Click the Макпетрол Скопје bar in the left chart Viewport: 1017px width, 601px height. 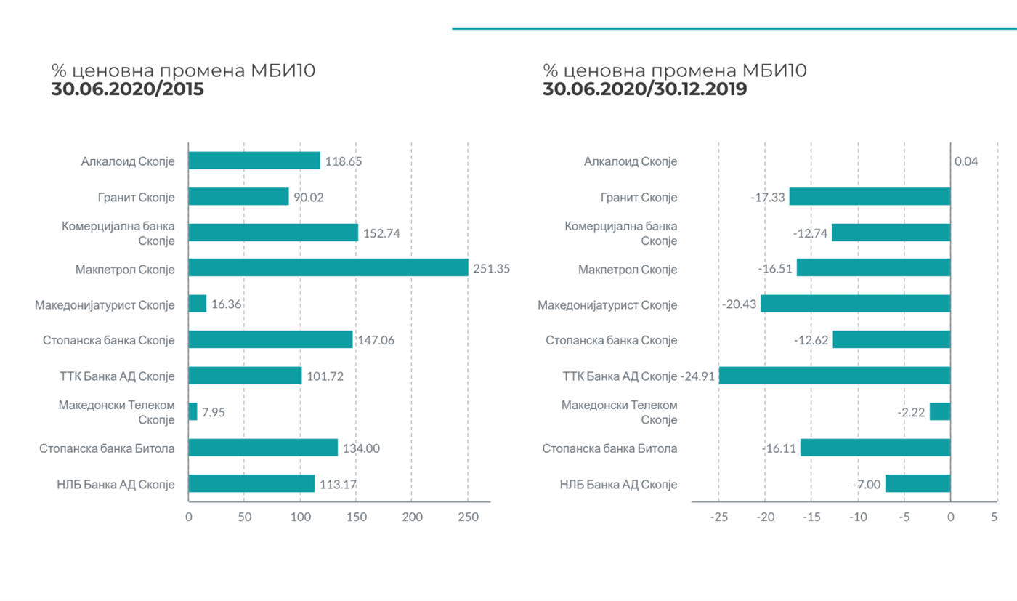pos(328,268)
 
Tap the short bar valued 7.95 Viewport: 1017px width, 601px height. pos(193,412)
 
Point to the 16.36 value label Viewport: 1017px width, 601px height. pos(227,304)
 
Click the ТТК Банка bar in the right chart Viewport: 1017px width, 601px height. pos(835,376)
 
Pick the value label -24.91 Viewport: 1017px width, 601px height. pos(700,376)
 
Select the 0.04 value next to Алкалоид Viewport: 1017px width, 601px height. pos(966,161)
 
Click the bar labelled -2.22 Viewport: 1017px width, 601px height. pos(940,412)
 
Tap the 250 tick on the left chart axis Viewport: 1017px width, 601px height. pos(468,517)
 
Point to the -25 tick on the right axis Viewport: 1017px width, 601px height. pos(718,517)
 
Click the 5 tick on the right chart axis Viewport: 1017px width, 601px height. pos(994,517)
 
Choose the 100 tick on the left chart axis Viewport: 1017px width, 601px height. pos(300,517)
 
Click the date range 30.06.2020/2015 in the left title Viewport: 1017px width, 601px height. pos(127,89)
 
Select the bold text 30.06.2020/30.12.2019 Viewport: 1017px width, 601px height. pos(645,89)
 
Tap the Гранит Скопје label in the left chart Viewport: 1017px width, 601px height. pos(136,198)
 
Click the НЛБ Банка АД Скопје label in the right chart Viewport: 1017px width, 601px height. pos(618,485)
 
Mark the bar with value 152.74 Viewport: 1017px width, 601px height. pos(273,233)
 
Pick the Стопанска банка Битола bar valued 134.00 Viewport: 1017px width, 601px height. pos(263,448)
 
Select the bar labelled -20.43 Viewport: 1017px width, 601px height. pos(856,304)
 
